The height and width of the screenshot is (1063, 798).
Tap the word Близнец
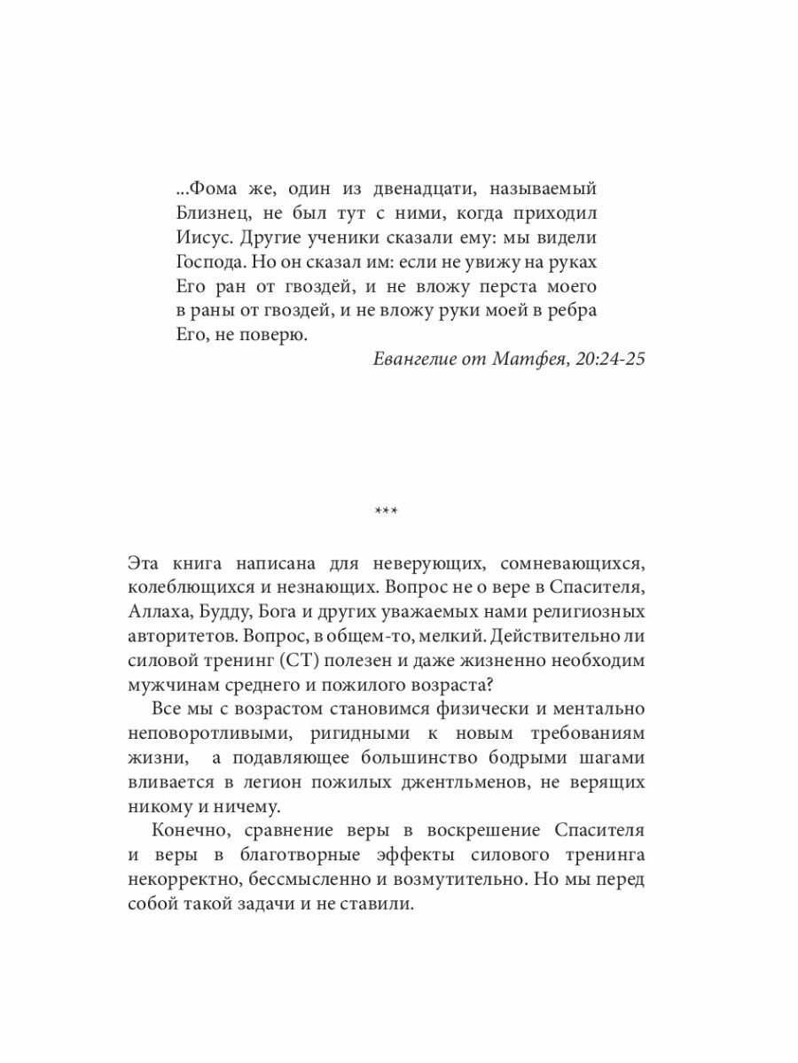[201, 213]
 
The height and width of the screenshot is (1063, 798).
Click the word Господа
[199, 263]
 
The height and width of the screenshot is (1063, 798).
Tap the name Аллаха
[155, 613]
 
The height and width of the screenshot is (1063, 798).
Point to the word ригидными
[342, 736]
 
